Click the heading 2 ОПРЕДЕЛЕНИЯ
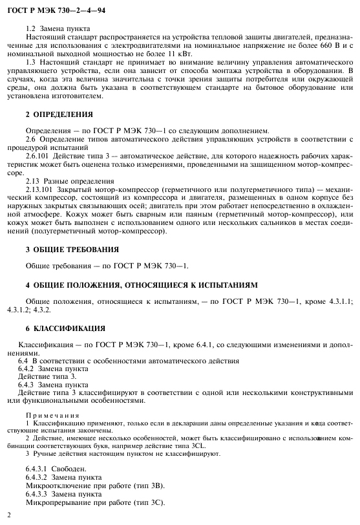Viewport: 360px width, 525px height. [x=59, y=114]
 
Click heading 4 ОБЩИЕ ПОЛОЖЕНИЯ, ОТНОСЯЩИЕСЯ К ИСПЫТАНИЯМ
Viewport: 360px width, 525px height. [x=142, y=284]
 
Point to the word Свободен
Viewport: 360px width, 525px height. [x=68, y=467]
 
